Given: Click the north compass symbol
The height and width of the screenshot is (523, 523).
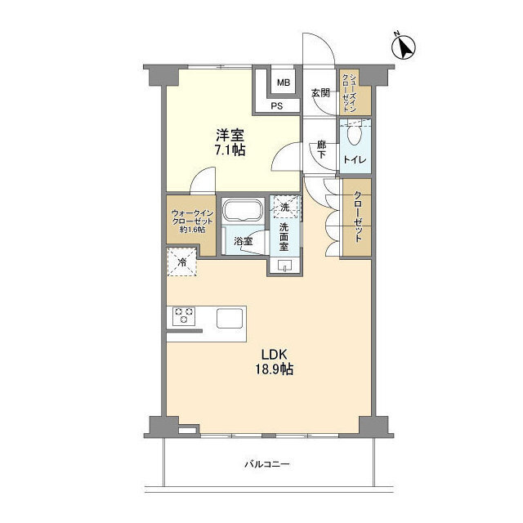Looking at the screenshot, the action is (x=403, y=47).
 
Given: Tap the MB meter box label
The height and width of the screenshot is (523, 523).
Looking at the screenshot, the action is (x=284, y=83).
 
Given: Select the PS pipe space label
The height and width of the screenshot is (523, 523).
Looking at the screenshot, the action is (x=277, y=106).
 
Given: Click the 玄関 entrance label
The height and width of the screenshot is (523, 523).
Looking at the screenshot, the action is (x=320, y=92).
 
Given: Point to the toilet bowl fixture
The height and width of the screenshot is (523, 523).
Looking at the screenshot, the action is (x=354, y=133).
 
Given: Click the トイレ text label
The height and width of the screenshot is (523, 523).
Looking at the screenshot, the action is (x=355, y=159).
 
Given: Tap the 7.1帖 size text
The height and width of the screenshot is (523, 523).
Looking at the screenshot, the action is (x=230, y=150).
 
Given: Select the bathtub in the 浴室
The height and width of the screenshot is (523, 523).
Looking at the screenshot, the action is (x=243, y=210).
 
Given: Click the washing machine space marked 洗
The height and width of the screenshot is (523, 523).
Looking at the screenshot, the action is (x=285, y=208).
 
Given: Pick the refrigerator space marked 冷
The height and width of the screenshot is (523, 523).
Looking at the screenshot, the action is (x=182, y=261).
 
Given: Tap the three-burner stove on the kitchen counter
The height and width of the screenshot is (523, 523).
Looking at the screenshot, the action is (x=184, y=316).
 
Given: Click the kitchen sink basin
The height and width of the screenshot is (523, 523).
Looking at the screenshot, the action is (x=230, y=319).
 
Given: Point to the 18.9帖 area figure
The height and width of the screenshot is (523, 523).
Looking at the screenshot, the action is (x=275, y=369).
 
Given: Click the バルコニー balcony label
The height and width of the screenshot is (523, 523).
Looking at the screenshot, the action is (x=267, y=464).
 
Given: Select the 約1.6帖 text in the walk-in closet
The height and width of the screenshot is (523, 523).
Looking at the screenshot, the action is (x=192, y=230).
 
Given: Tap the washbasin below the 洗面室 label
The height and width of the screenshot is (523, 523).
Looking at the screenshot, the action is (x=285, y=265).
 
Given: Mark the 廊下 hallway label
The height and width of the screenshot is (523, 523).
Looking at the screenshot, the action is (x=321, y=150).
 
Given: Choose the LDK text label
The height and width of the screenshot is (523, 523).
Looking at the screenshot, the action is (x=275, y=354).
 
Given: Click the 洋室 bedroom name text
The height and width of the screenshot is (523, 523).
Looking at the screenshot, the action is (x=230, y=135).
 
